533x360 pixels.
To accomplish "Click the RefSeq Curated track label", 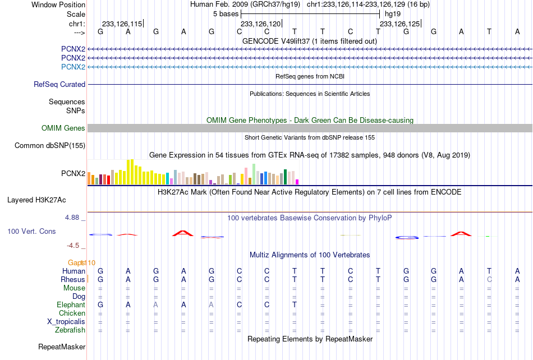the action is click(x=59, y=84).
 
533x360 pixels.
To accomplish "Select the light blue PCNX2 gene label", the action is click(x=73, y=67).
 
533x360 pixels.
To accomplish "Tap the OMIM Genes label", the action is click(x=63, y=128).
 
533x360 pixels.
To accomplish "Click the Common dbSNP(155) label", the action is click(x=50, y=145).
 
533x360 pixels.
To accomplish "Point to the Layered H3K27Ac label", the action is click(x=36, y=200).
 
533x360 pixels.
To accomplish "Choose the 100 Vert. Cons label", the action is click(x=31, y=231).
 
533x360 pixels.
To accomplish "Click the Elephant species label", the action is click(x=71, y=304).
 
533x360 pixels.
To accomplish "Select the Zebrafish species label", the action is click(x=70, y=330).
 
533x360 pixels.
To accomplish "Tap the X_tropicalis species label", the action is click(x=66, y=322).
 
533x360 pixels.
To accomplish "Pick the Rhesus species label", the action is click(x=73, y=279).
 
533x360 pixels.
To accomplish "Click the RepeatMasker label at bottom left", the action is click(x=62, y=347).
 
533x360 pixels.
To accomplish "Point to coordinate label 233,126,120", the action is click(x=261, y=24).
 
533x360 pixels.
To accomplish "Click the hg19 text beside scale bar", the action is click(x=393, y=14).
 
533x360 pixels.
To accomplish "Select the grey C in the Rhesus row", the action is click(x=489, y=279).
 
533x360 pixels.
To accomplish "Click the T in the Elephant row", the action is click(x=295, y=304).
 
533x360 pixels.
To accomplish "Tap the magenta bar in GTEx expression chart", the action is click(x=297, y=182).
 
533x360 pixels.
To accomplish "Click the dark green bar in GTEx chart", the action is click(x=285, y=177).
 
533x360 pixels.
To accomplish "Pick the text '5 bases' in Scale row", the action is click(x=226, y=14).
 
